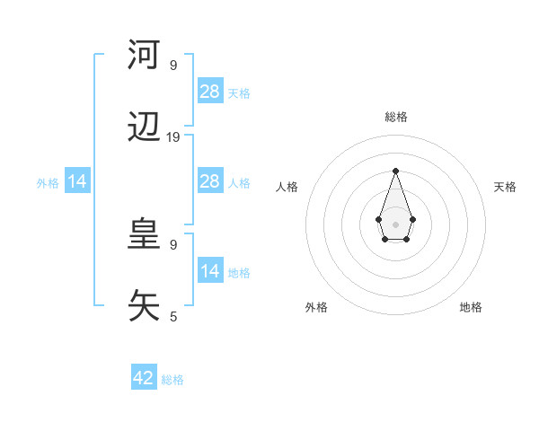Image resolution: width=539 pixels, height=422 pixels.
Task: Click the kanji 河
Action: (x=144, y=55)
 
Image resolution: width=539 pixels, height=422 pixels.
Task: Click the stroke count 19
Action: (x=173, y=137)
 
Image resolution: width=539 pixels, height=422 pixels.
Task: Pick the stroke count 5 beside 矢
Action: (x=173, y=316)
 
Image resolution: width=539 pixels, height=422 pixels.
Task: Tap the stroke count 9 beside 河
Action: (x=173, y=66)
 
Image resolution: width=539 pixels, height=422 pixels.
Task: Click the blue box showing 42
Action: (x=144, y=378)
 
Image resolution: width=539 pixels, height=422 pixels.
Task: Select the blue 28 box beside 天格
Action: (x=209, y=92)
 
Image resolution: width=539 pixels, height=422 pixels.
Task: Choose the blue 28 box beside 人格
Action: (x=209, y=181)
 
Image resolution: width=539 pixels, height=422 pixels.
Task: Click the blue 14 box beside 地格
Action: (x=209, y=271)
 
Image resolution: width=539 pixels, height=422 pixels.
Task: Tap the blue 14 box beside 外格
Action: (x=77, y=181)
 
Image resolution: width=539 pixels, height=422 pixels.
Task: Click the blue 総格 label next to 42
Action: (x=172, y=380)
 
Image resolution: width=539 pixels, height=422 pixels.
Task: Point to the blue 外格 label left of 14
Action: (x=48, y=183)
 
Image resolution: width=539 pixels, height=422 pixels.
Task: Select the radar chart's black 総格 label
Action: (x=395, y=117)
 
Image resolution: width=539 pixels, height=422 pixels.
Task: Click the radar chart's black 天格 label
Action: (x=506, y=187)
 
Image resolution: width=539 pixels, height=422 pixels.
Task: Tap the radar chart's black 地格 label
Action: (x=471, y=307)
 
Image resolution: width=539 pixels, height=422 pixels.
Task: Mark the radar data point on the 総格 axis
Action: (x=395, y=170)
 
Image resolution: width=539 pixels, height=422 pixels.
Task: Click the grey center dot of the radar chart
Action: (x=395, y=223)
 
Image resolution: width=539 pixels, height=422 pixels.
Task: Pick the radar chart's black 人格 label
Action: (x=287, y=187)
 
